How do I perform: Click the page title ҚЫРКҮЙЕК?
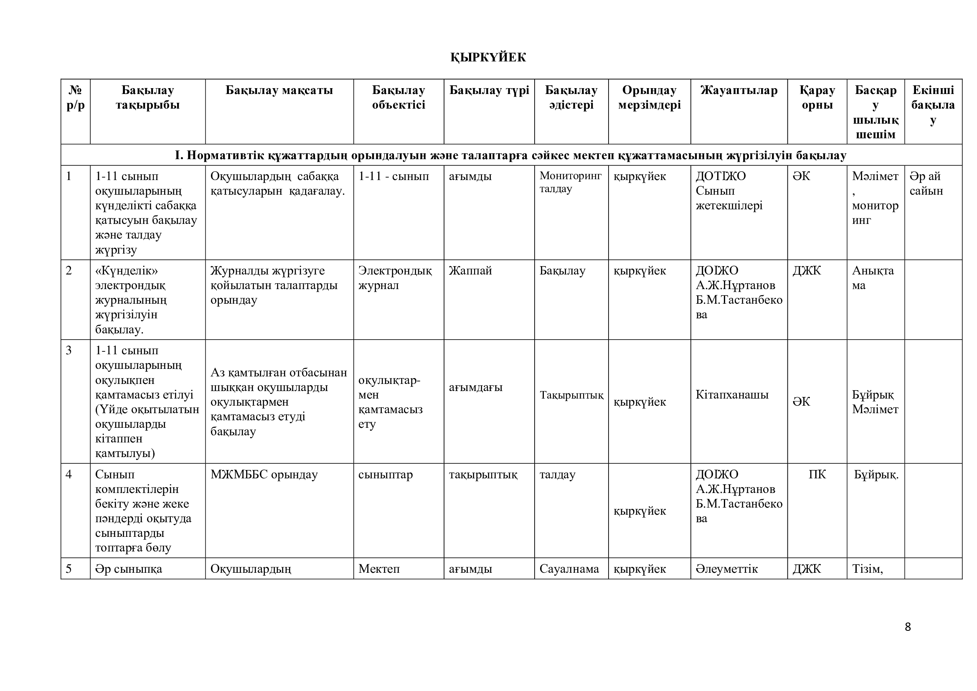(x=488, y=57)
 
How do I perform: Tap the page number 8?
(x=908, y=627)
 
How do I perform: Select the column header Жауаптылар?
(x=739, y=90)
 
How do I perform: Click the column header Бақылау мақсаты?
(x=279, y=90)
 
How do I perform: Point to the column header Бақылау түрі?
(x=489, y=90)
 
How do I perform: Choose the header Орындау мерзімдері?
(x=650, y=97)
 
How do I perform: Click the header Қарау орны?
(x=817, y=97)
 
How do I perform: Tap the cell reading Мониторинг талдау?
(x=570, y=182)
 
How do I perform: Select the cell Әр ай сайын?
(x=926, y=183)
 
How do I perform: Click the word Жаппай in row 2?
(x=470, y=271)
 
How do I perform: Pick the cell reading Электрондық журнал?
(x=395, y=278)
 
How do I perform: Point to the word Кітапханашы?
(x=732, y=395)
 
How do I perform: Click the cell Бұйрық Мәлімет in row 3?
(x=875, y=402)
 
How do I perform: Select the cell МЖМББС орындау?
(x=264, y=475)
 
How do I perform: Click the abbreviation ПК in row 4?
(x=817, y=475)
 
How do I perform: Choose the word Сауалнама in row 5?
(x=569, y=569)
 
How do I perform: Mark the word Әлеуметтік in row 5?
(x=727, y=569)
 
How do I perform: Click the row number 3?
(x=69, y=351)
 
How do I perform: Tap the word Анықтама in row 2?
(x=873, y=278)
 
